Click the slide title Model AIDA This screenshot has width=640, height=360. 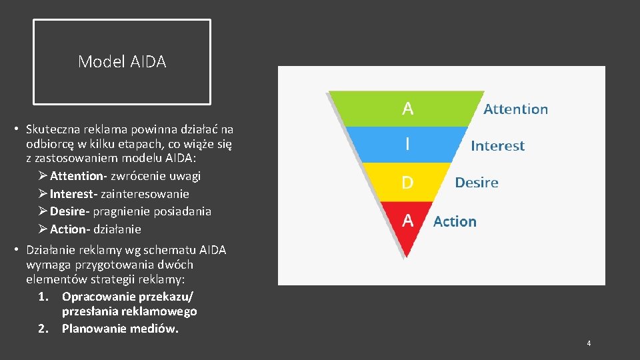[122, 62]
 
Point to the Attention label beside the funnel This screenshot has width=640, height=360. [515, 109]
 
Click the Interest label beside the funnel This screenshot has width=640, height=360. [497, 146]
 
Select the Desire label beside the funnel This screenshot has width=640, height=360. [476, 183]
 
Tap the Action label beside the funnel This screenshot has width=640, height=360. [455, 221]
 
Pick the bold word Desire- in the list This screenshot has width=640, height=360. [69, 211]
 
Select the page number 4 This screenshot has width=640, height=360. [589, 343]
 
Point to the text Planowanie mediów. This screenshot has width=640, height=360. [120, 329]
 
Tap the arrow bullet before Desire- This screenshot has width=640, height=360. [43, 211]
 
